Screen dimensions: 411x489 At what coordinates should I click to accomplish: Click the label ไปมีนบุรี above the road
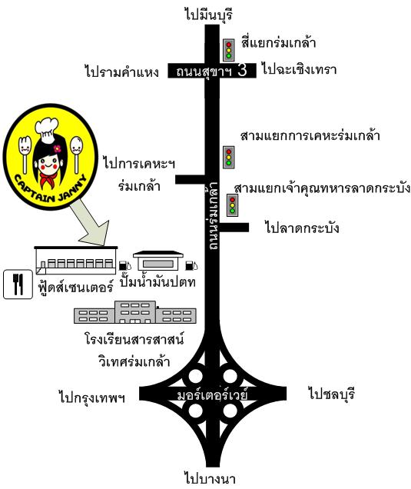[x=208, y=14]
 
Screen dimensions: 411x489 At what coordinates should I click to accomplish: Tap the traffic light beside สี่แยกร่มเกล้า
[x=229, y=50]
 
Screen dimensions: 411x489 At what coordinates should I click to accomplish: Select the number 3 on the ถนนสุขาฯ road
[x=242, y=70]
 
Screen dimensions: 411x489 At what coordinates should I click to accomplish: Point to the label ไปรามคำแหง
[x=121, y=72]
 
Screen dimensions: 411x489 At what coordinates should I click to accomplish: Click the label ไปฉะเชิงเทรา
[x=299, y=68]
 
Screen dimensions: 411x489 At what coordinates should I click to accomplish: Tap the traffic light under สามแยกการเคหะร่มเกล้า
[x=229, y=158]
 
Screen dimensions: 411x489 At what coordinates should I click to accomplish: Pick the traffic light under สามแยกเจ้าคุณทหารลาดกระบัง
[x=233, y=205]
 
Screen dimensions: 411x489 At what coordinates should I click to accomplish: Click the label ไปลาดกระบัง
[x=302, y=228]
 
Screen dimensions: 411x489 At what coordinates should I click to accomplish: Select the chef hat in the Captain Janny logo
[x=47, y=130]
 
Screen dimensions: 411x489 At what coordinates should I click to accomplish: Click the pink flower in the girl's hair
[x=57, y=148]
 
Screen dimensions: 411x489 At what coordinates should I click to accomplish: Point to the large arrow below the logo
[x=92, y=224]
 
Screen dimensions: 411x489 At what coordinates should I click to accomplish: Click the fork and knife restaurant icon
[x=18, y=284]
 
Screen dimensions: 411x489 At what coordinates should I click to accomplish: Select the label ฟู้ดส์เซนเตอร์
[x=75, y=286]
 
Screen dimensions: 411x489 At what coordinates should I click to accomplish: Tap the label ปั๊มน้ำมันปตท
[x=158, y=281]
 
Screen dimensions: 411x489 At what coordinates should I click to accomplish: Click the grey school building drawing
[x=135, y=312]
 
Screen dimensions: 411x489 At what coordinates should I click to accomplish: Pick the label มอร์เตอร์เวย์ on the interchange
[x=213, y=394]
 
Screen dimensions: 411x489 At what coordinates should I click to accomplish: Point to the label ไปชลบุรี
[x=332, y=393]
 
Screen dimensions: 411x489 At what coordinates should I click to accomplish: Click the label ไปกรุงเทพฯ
[x=92, y=397]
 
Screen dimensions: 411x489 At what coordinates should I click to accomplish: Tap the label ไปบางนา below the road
[x=210, y=477]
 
